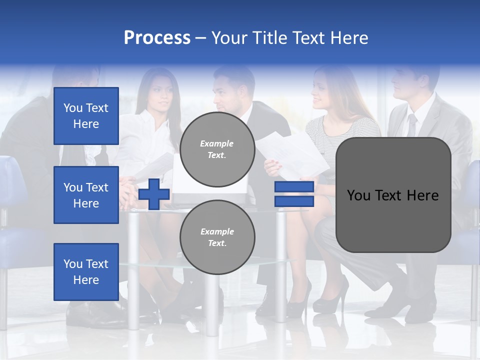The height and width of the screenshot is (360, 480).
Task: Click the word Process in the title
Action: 157,38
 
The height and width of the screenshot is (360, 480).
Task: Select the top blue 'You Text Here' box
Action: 86,116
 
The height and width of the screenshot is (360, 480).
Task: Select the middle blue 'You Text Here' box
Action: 86,195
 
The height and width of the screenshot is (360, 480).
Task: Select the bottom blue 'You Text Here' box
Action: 86,271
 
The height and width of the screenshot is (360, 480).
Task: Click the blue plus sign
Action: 154,194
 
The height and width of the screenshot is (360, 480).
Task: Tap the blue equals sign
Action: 294,194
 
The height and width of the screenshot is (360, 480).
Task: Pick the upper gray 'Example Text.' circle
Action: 217,149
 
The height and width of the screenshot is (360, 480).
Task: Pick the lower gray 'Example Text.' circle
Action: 217,237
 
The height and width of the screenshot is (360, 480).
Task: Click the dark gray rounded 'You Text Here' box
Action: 393,195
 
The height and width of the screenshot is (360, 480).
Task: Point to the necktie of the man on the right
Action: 411,125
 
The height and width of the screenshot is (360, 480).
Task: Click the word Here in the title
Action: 349,38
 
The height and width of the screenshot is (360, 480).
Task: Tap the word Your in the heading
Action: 229,38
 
